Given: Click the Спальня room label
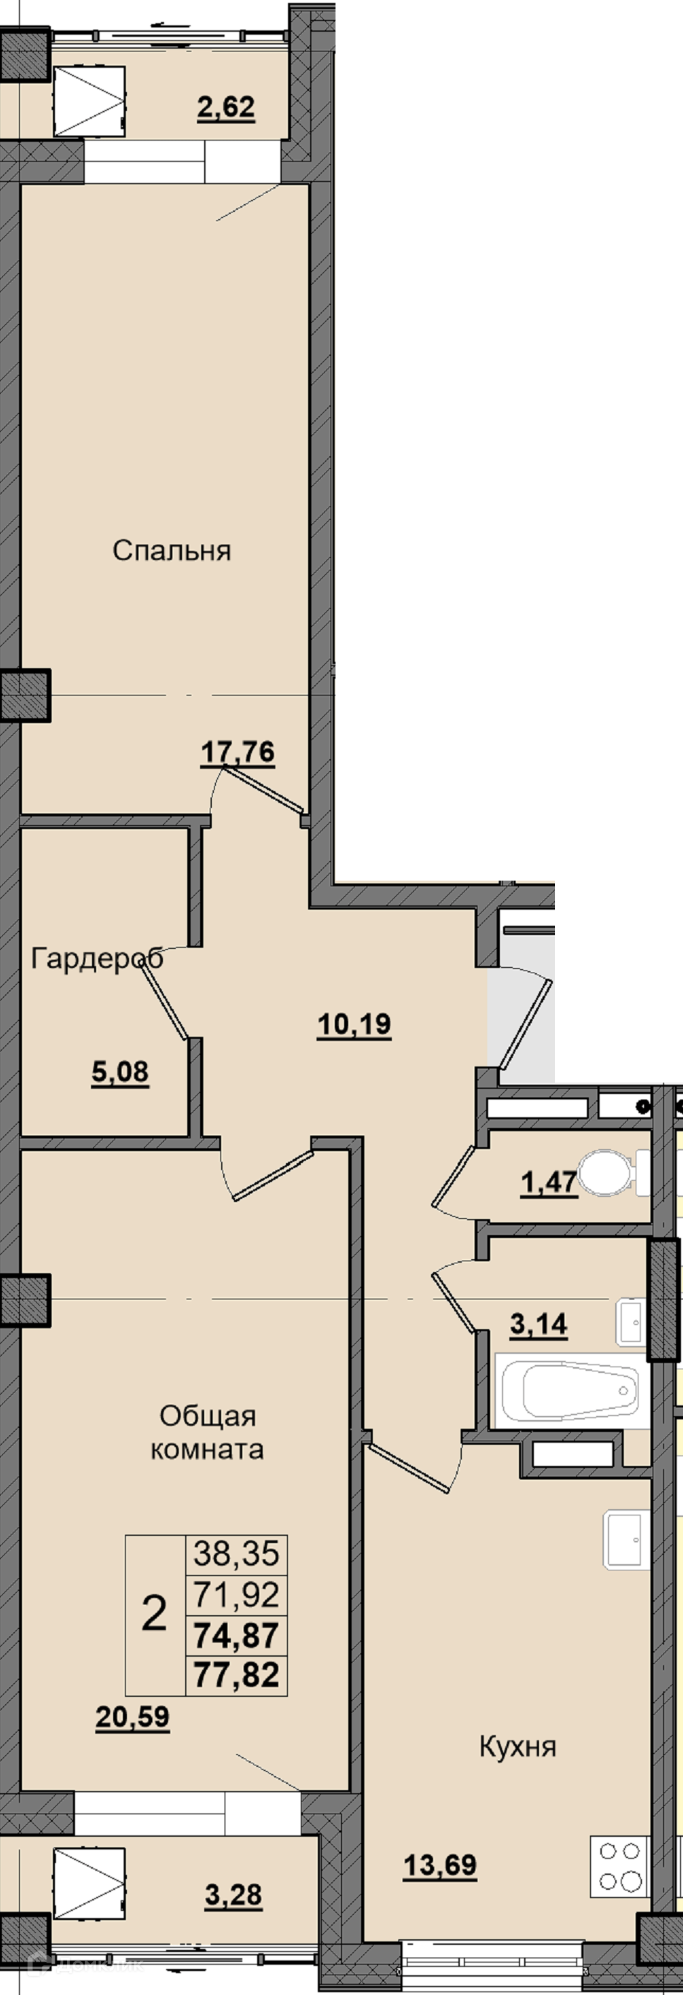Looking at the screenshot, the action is [x=172, y=551].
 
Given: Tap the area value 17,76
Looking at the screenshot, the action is [x=238, y=752].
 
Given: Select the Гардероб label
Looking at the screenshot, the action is [x=97, y=959].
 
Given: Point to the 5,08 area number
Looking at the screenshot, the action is [x=120, y=1073].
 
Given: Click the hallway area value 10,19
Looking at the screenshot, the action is [x=355, y=1025].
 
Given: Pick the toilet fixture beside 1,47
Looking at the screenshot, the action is [x=616, y=1173].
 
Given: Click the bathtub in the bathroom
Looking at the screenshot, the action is [x=572, y=1392].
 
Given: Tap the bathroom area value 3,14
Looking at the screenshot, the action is [x=539, y=1325].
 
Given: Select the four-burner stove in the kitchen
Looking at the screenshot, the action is [x=619, y=1868].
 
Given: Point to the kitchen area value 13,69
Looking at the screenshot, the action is [x=440, y=1866].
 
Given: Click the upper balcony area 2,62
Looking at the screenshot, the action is [x=226, y=107].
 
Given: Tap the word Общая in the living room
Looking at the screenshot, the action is [x=208, y=1416].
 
